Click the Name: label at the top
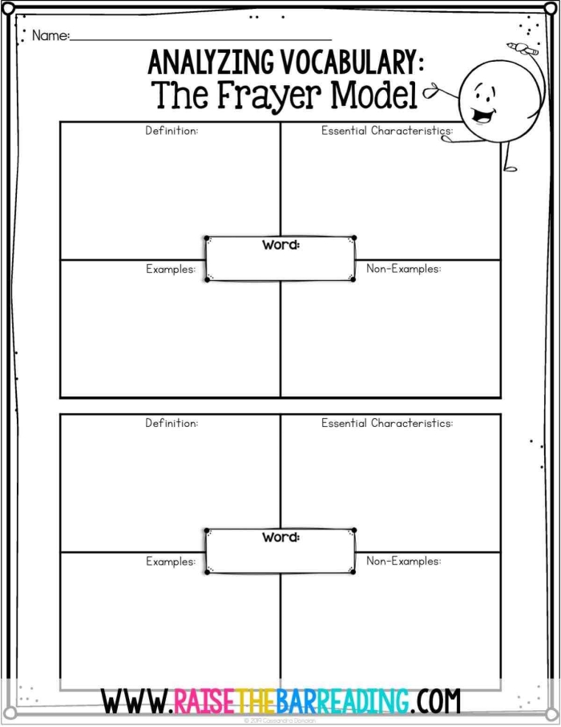pos(50,36)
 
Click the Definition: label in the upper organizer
pos(172,131)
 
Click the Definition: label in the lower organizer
pos(172,423)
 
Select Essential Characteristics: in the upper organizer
pos(387,131)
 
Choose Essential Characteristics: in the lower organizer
pos(387,423)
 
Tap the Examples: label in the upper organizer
pos(170,270)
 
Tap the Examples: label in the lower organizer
pos(170,562)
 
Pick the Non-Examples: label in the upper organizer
pos(403,269)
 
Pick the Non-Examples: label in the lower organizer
pos(403,561)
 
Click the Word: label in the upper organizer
pos(280,245)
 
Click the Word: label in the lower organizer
pos(280,537)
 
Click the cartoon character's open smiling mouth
pos(482,115)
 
